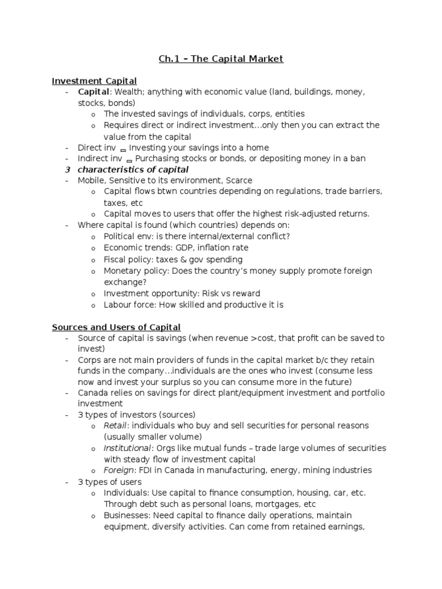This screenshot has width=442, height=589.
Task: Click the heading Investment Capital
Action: (94, 81)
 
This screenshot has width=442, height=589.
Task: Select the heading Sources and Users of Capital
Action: (116, 327)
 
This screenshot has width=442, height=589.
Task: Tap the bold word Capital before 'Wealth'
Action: (92, 92)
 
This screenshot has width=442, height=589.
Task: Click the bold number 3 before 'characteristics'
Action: (67, 170)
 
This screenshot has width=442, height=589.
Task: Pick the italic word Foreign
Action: (118, 470)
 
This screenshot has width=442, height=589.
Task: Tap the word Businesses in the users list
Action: (126, 515)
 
